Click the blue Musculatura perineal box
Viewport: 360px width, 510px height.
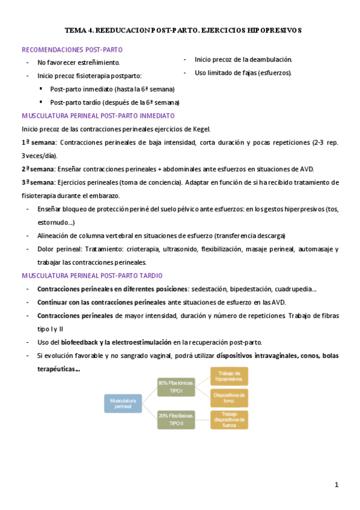click(123, 404)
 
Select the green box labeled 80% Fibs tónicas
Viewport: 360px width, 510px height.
click(176, 387)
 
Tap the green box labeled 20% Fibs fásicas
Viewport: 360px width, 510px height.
click(176, 420)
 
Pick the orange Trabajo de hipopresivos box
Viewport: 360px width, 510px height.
click(229, 376)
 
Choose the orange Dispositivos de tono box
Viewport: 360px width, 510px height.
click(229, 398)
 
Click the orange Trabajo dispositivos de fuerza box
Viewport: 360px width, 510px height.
click(229, 420)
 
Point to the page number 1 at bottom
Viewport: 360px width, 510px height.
click(337, 485)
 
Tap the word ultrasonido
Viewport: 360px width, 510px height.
click(178, 249)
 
